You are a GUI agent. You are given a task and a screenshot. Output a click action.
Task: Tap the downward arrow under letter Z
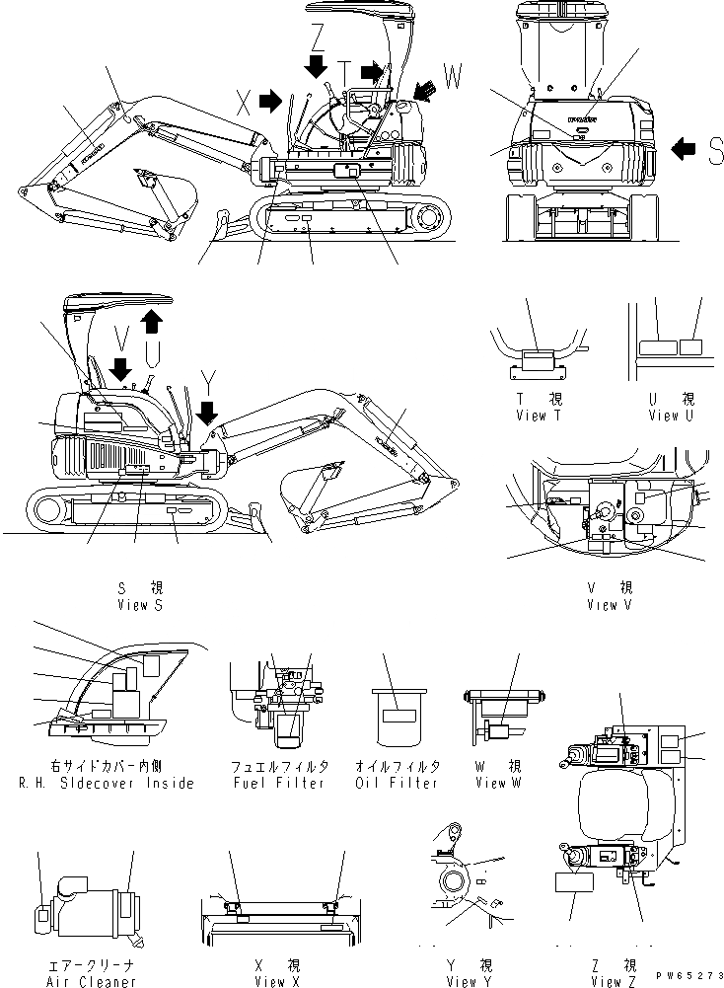tap(315, 66)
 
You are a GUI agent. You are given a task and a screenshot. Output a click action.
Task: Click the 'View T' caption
tap(539, 416)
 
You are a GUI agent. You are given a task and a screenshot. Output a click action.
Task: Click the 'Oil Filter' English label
tap(397, 783)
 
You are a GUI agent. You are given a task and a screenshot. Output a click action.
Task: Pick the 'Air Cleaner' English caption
tap(92, 982)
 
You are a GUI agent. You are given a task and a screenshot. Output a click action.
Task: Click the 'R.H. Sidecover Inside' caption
tap(107, 783)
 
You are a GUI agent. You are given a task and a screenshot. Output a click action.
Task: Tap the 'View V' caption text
tap(602, 605)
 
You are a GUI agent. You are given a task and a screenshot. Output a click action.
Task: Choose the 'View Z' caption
tap(607, 982)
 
